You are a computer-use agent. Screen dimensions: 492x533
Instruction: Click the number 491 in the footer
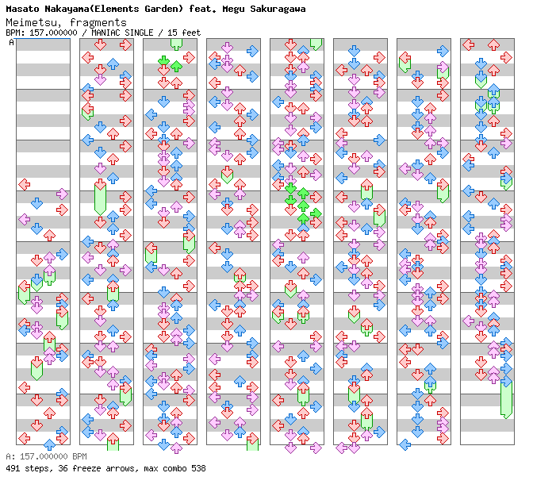click(13, 468)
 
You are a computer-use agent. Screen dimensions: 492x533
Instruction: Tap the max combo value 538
click(197, 468)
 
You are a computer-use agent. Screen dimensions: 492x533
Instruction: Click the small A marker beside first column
click(12, 43)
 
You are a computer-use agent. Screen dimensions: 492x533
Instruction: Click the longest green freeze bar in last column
click(506, 398)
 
